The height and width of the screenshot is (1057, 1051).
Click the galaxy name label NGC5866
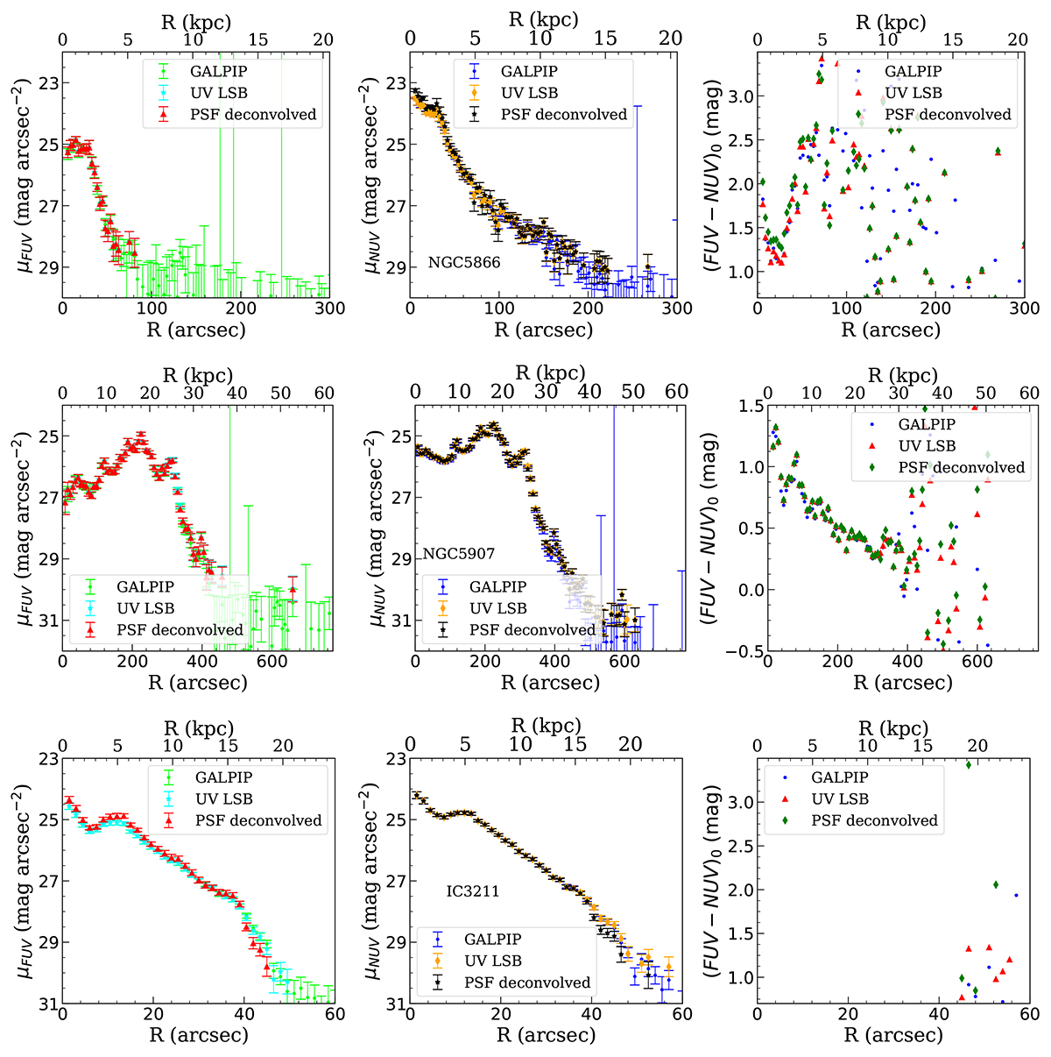coord(464,262)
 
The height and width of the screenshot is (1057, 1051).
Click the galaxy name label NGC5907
coord(459,554)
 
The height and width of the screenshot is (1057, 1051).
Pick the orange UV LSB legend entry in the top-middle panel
coord(529,93)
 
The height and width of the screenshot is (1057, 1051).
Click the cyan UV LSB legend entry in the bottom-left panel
coord(224,799)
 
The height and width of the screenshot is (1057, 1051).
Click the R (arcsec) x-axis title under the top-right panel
coord(891,330)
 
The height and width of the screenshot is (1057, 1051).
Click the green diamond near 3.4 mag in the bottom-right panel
coord(969,765)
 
